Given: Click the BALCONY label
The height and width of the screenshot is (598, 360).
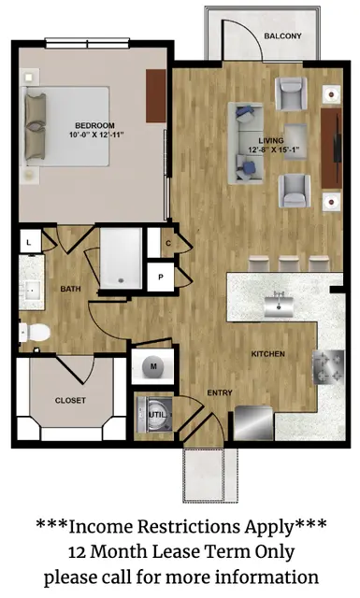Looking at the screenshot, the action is (x=282, y=36).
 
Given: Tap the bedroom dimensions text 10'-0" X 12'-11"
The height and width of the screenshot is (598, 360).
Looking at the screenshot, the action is (x=96, y=135).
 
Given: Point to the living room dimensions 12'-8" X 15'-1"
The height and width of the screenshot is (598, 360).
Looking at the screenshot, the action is (x=273, y=149).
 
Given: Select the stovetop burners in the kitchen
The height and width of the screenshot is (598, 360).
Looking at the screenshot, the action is (x=328, y=367).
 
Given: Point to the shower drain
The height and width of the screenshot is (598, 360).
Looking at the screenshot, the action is (x=122, y=280).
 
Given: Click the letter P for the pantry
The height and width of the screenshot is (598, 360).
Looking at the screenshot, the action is (x=161, y=278).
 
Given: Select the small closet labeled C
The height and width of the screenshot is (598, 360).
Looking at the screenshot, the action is (x=167, y=243).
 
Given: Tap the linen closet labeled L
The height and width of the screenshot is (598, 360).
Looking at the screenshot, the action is (x=30, y=242).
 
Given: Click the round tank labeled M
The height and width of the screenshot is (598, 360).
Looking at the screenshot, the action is (x=153, y=366).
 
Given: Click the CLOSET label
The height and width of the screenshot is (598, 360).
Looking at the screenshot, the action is (x=70, y=401).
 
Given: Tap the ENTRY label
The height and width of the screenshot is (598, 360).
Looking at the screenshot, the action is (x=220, y=392).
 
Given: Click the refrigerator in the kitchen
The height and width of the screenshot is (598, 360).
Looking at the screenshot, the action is (x=253, y=423).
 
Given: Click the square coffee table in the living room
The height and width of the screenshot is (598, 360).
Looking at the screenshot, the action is (x=295, y=140).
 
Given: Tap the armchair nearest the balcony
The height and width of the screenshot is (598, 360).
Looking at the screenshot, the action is (x=291, y=93).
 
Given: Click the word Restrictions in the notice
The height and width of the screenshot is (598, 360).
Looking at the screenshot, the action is (x=190, y=527).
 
